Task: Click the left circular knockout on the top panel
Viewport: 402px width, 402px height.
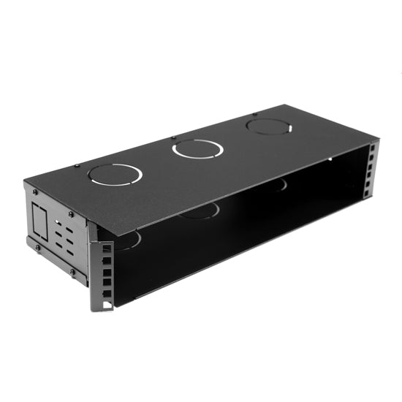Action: [115, 175]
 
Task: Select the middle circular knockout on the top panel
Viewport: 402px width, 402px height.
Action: [197, 149]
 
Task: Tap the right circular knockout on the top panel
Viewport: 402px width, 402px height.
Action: [267, 126]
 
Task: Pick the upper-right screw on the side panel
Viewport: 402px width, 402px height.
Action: [70, 214]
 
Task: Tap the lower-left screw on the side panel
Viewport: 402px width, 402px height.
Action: [37, 248]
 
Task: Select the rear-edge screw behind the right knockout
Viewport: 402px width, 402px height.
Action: [254, 114]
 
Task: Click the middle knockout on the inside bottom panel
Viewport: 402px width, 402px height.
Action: [199, 213]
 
